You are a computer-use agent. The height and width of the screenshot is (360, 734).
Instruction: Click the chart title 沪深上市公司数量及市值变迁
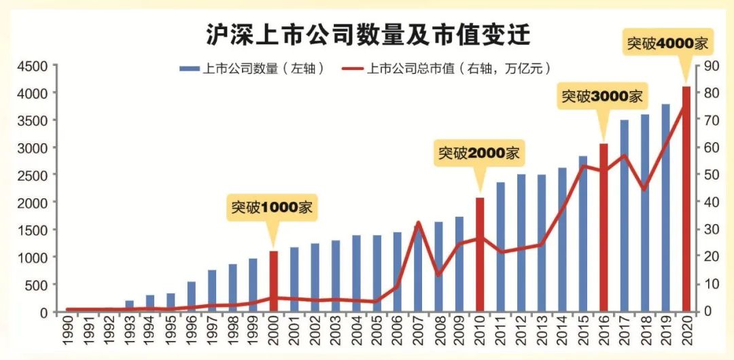click(368, 35)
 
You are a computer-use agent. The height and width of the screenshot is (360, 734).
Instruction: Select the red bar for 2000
click(274, 281)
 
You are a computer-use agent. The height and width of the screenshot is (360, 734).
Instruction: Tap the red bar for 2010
click(480, 255)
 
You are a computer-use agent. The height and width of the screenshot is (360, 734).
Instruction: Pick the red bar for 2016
click(603, 228)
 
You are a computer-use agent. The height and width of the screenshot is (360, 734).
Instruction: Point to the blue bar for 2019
click(665, 208)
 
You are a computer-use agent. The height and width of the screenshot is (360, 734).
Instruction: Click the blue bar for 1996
click(192, 296)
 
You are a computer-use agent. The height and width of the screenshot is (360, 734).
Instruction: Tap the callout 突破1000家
click(273, 208)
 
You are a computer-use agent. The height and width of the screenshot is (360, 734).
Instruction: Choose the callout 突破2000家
click(479, 154)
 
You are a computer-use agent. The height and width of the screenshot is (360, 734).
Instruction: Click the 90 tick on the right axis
click(710, 66)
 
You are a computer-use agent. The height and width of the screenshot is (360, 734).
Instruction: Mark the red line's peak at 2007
click(418, 222)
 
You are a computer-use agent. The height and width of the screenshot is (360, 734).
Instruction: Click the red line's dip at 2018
click(644, 190)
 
